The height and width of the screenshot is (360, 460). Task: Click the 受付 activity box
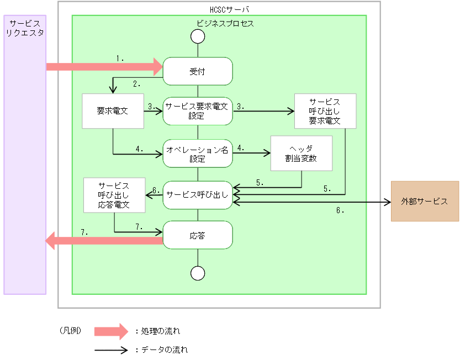point(197,72)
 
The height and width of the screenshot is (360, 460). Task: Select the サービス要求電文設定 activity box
point(197,111)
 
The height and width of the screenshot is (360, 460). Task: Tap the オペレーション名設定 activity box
point(197,153)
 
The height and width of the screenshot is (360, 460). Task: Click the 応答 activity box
point(197,235)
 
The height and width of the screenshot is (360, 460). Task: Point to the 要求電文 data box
point(112,111)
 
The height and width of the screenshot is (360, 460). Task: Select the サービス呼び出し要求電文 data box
point(325,112)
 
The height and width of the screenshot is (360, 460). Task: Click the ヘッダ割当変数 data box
point(301,153)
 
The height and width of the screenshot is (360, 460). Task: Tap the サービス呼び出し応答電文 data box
point(114,195)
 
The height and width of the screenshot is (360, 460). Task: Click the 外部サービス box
point(424,201)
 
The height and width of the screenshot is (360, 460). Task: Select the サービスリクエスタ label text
point(24,29)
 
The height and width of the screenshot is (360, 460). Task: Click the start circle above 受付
point(197,36)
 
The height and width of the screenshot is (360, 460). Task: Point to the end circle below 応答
point(197,273)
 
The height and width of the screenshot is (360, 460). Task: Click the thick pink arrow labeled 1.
point(102,67)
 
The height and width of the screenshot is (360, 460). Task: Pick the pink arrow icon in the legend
point(111,331)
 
